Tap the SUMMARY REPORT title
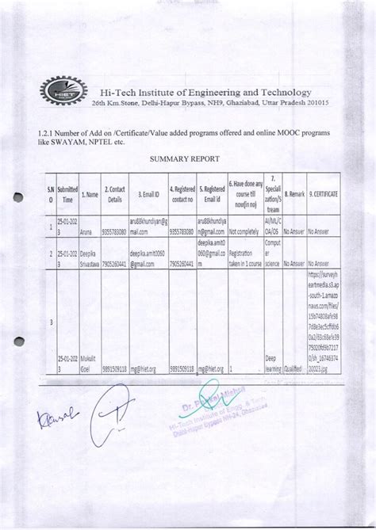point(186,158)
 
